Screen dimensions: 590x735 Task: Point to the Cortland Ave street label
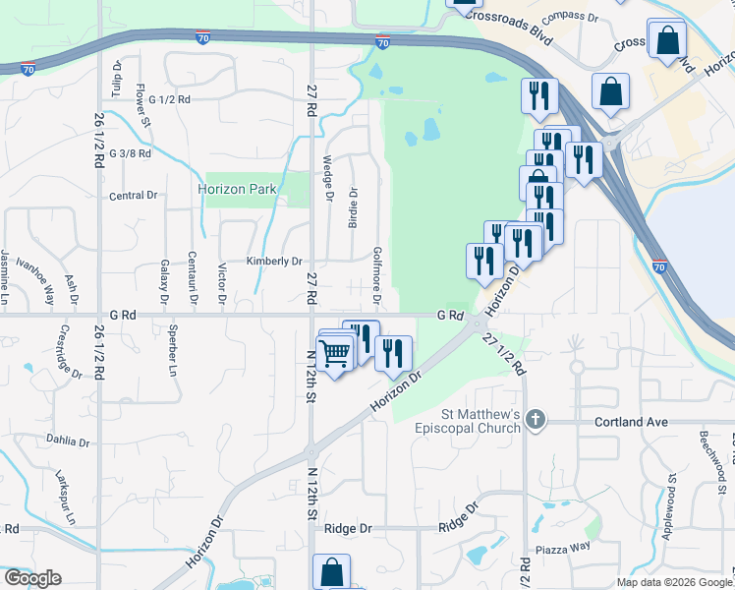coord(631,422)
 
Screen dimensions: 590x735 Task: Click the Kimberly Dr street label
coord(274,262)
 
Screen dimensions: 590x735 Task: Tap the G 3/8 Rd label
coord(131,154)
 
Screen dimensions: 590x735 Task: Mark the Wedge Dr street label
coord(327,177)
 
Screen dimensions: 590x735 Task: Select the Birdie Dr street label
coord(353,207)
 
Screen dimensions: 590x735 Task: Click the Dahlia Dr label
coord(66,442)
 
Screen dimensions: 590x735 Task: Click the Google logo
coord(32,578)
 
